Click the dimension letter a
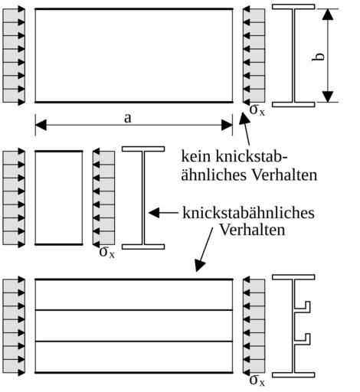click(x=128, y=118)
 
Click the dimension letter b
click(x=319, y=57)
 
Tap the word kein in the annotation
click(x=197, y=156)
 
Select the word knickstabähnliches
click(x=248, y=213)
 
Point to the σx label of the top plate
click(x=257, y=109)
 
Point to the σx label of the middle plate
click(x=107, y=252)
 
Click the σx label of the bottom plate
click(x=257, y=381)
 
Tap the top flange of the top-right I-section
click(x=293, y=7)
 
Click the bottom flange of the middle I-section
click(x=143, y=247)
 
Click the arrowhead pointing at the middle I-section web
click(x=154, y=213)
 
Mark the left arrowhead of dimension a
click(x=41, y=125)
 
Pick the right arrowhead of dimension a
click(x=227, y=125)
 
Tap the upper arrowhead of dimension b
click(x=328, y=15)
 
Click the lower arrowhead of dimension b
click(x=328, y=96)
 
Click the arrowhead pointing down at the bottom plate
click(x=200, y=266)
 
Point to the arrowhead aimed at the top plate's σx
click(x=244, y=119)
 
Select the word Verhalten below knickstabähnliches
click(x=252, y=230)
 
